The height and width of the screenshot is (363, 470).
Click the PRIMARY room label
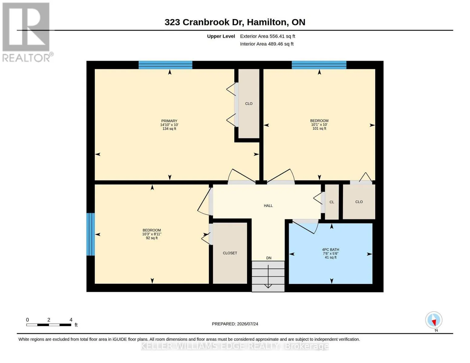point(169,121)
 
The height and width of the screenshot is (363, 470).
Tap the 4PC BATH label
point(330,250)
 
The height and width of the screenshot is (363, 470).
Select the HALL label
point(268,206)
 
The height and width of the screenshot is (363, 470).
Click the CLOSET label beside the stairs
point(230,253)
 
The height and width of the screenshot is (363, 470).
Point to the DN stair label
point(269,258)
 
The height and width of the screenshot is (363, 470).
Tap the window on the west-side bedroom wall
point(90,234)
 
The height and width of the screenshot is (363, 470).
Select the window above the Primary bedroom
point(166,65)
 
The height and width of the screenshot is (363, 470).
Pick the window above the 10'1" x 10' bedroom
point(319,65)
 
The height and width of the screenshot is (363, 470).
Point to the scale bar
point(49,325)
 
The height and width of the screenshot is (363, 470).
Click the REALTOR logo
point(26,32)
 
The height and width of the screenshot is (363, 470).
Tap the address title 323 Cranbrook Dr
point(204,22)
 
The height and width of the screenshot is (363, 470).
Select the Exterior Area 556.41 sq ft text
point(268,36)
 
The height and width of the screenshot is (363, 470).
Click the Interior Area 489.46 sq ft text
point(267,44)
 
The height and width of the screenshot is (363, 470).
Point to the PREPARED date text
point(235,324)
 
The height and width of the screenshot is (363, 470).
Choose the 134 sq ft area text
point(169,129)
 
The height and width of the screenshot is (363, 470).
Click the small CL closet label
point(332,202)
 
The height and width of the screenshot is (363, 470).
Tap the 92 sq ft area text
point(152,238)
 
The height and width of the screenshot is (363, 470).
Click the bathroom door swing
point(305,227)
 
